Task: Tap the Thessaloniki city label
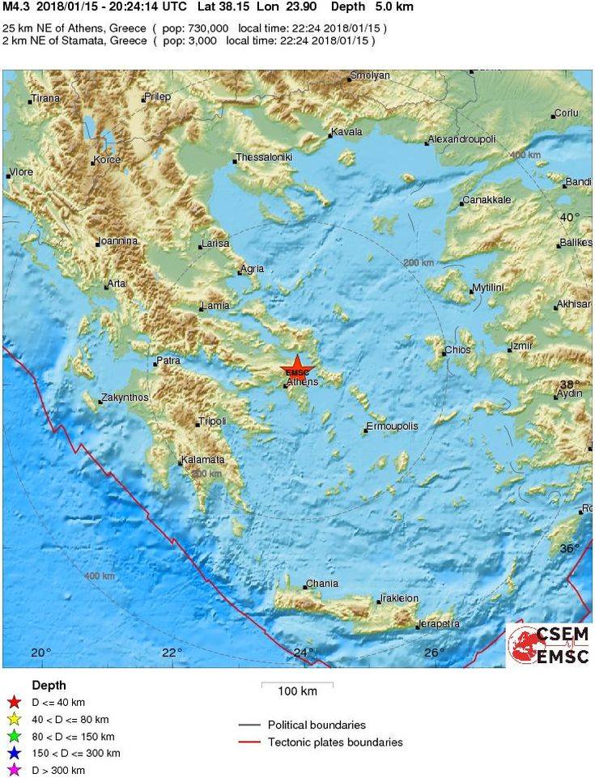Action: click(x=264, y=157)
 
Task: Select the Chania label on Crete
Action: click(x=317, y=585)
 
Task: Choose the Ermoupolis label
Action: click(x=392, y=426)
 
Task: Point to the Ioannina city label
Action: click(x=117, y=241)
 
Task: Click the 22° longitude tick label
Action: click(x=171, y=653)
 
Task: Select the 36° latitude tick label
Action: click(x=570, y=549)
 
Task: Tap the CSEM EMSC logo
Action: click(x=550, y=644)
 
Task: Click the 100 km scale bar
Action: click(x=297, y=685)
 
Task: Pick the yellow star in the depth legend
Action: click(x=13, y=720)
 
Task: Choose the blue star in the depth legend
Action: click(x=13, y=754)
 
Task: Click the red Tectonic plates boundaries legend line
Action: click(x=250, y=742)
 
